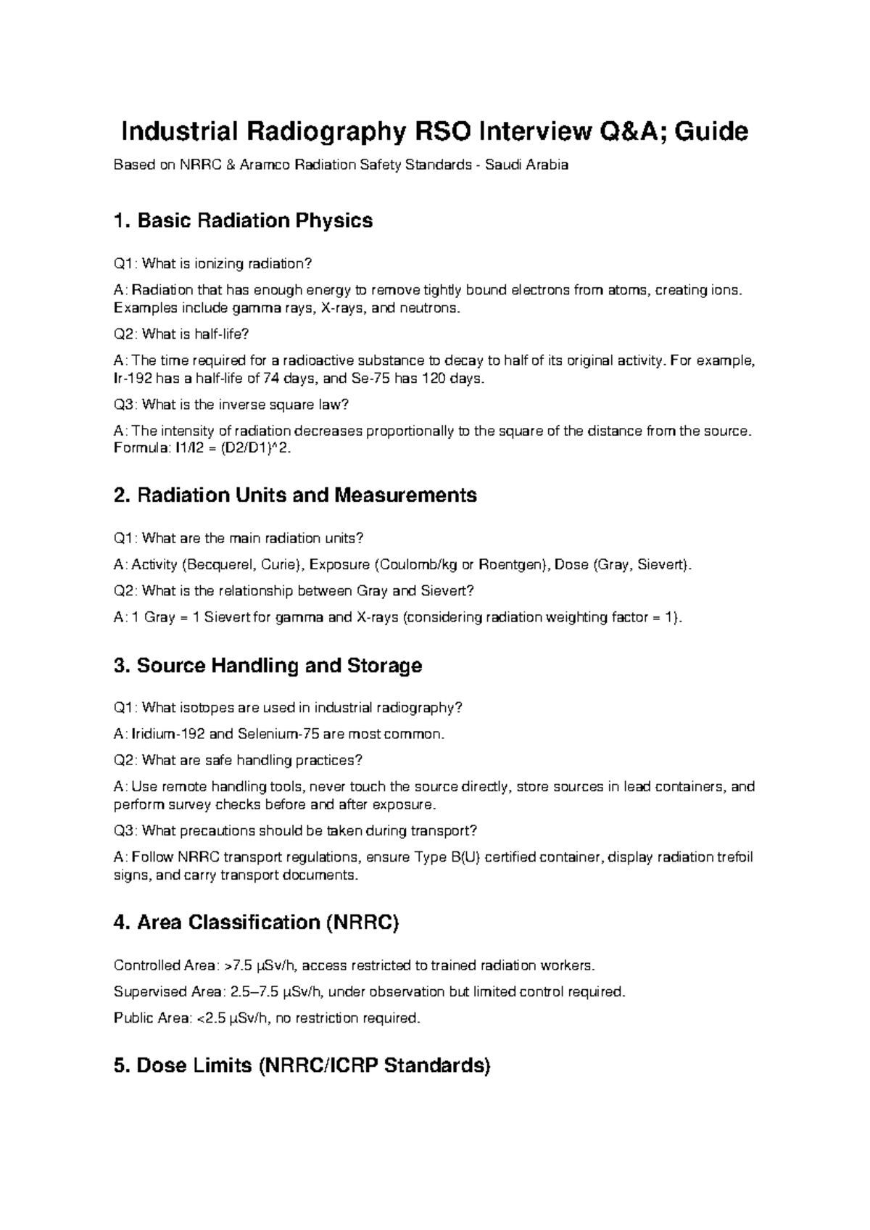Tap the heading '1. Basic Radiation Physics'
pyautogui.click(x=243, y=220)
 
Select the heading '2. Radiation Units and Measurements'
pyautogui.click(x=295, y=495)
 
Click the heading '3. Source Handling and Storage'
pyautogui.click(x=268, y=666)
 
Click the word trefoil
pyautogui.click(x=734, y=857)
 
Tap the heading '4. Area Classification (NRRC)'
pyautogui.click(x=257, y=922)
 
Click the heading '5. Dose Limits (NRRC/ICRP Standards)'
pyautogui.click(x=302, y=1066)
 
